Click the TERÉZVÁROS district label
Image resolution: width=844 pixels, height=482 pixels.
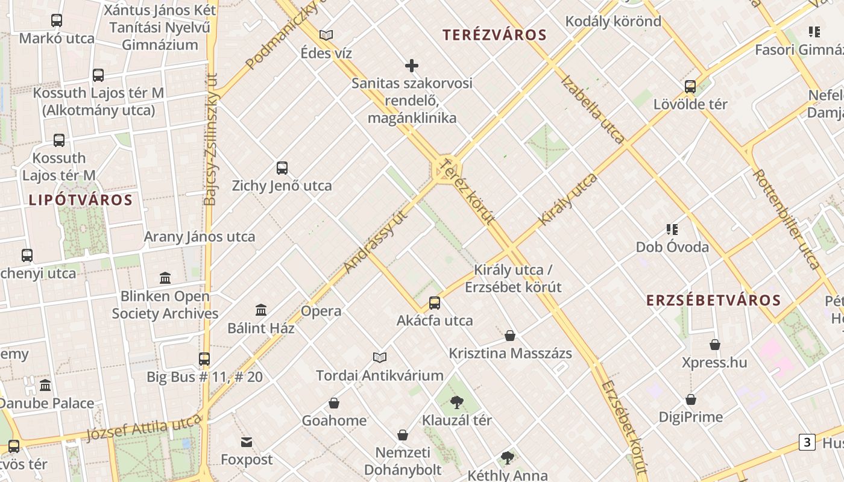tap(494, 35)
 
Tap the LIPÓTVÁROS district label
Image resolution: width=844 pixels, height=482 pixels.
tap(80, 200)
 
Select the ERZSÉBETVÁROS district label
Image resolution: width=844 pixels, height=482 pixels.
tap(713, 300)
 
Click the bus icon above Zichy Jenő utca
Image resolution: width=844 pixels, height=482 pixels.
tap(282, 168)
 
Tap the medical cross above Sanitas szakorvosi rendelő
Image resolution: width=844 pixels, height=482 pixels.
tap(412, 66)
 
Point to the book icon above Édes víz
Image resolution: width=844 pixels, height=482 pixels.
tap(326, 36)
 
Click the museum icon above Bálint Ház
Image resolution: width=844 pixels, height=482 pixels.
tap(261, 310)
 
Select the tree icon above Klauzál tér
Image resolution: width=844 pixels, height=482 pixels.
tap(457, 402)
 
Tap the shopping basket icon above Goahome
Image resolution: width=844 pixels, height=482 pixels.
tap(334, 403)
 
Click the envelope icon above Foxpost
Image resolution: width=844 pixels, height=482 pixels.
tap(247, 443)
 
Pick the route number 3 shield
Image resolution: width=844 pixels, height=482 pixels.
tap(807, 442)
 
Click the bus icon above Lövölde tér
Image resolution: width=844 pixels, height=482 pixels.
tap(690, 87)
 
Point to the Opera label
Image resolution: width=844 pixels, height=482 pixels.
tap(321, 311)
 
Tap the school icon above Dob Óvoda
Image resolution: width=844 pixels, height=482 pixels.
tap(672, 230)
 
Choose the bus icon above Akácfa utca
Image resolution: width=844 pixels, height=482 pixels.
tap(435, 303)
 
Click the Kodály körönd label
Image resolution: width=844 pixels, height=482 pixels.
tap(613, 22)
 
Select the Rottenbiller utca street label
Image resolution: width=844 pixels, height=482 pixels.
tap(786, 219)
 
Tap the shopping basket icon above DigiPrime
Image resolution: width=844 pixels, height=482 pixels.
tap(691, 399)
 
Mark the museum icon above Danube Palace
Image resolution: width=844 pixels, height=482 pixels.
tap(45, 386)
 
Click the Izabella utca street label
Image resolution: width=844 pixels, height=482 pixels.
tap(593, 109)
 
